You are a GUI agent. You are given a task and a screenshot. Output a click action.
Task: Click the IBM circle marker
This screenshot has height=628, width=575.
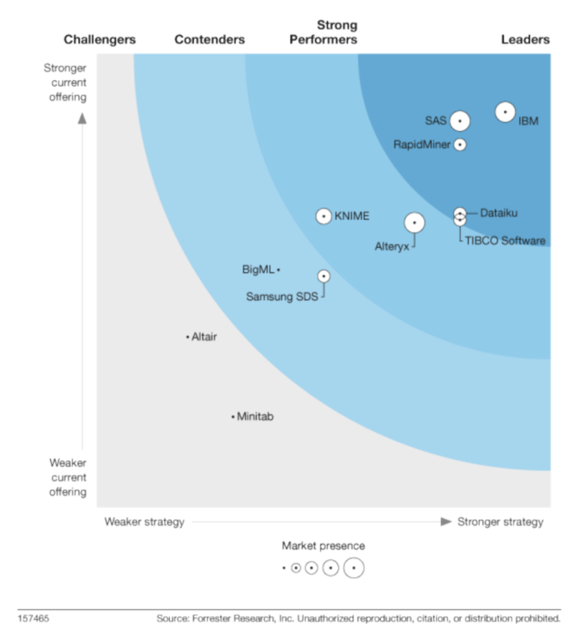[505, 112]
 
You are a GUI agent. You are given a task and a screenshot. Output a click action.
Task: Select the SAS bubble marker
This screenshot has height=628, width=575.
[460, 121]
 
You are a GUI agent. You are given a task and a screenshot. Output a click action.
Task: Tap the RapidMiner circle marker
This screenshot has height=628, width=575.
[460, 144]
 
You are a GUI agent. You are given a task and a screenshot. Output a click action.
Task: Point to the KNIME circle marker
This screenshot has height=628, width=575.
[323, 216]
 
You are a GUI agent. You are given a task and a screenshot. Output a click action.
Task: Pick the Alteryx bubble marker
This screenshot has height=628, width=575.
[414, 222]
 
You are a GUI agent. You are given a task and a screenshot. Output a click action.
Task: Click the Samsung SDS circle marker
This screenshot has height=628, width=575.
[323, 276]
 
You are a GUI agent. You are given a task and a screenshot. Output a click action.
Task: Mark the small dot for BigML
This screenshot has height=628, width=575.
[279, 269]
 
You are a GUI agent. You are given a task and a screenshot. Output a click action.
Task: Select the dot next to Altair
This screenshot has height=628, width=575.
[187, 338]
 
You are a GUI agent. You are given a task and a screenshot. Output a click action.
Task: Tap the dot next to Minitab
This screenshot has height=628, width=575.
[233, 417]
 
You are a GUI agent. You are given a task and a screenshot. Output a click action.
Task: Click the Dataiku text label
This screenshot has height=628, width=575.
[499, 213]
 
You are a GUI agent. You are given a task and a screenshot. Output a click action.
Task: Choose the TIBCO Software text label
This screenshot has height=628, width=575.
[505, 241]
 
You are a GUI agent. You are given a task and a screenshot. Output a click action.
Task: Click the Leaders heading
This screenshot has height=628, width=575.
[525, 40]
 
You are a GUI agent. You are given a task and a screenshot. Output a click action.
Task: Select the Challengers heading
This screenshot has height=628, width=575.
[100, 40]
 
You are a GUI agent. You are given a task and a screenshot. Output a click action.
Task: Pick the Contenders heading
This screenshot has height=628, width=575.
[210, 40]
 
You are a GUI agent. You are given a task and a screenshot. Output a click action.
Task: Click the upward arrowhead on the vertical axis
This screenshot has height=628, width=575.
[83, 118]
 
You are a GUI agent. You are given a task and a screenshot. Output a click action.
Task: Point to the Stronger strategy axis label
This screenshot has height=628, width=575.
[500, 522]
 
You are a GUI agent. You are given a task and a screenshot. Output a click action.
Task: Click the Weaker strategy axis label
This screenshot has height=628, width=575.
[144, 522]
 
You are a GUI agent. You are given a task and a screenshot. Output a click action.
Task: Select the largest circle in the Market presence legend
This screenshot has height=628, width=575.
[354, 568]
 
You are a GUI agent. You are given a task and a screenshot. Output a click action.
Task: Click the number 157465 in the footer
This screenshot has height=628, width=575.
[34, 618]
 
